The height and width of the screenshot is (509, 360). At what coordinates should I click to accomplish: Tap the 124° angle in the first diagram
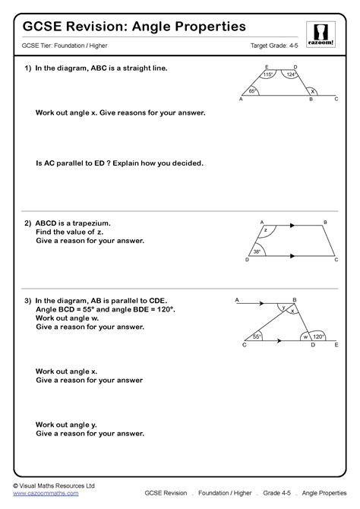[290, 74]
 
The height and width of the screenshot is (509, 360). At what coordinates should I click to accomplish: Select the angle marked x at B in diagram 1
[311, 90]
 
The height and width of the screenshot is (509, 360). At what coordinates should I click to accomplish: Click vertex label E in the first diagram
[267, 66]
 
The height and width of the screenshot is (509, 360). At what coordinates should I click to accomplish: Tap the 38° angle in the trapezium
[257, 251]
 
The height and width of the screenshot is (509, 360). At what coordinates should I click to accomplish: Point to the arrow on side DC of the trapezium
[291, 258]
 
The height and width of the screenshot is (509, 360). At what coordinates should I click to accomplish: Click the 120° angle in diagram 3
[317, 336]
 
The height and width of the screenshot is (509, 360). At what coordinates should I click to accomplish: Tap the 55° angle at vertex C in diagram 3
[257, 336]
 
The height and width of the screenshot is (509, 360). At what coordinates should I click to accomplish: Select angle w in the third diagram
[305, 336]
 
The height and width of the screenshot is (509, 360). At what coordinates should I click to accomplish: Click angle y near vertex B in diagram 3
[283, 308]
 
